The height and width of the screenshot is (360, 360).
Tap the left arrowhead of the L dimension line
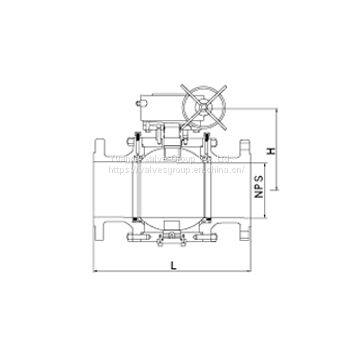point(94,270)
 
